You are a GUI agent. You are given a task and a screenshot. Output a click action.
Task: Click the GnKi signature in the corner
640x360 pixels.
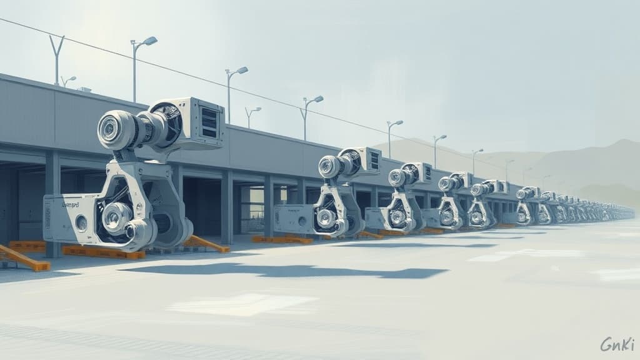pyautogui.click(x=617, y=344)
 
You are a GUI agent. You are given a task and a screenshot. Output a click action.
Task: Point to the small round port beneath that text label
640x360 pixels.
pyautogui.click(x=81, y=222)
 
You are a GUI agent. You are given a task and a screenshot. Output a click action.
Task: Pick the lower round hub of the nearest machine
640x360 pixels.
pyautogui.click(x=116, y=217)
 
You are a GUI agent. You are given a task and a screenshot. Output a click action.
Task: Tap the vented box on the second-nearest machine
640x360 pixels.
pyautogui.click(x=366, y=161)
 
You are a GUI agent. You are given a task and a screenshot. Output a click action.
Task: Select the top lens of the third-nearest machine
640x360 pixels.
pyautogui.click(x=396, y=177)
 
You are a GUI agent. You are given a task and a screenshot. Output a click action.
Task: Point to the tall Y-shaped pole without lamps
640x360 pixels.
pyautogui.click(x=57, y=59)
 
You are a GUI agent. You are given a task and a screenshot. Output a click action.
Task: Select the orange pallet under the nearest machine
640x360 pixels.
pyautogui.click(x=103, y=252)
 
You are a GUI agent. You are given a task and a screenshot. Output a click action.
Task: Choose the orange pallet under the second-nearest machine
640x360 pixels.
pyautogui.click(x=281, y=239)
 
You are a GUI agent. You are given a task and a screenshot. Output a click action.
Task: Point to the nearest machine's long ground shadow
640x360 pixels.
pyautogui.click(x=281, y=272)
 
